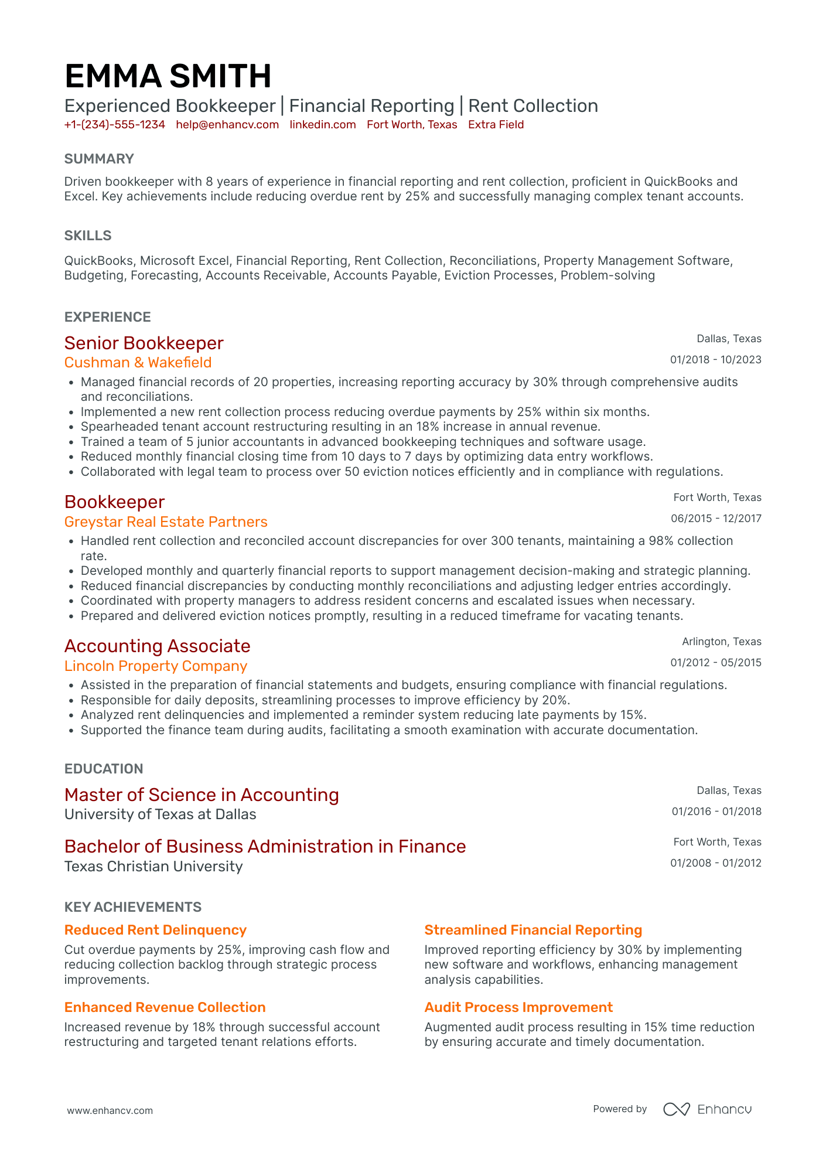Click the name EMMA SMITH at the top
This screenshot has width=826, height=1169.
(168, 77)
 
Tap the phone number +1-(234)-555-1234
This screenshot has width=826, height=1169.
(115, 125)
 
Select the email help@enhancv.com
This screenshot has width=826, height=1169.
(227, 125)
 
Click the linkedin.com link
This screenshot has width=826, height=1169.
(323, 125)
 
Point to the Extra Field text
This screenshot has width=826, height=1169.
(496, 125)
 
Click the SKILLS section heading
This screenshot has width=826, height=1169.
(88, 236)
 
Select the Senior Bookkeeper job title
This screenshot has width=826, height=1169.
(144, 343)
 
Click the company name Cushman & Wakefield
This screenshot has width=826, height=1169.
(138, 363)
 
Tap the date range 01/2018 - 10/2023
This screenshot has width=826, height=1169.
(716, 360)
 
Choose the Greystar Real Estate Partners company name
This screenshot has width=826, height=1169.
(166, 522)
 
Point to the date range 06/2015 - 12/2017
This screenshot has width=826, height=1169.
(716, 519)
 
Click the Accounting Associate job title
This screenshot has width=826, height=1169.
(158, 646)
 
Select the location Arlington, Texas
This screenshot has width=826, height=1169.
(722, 642)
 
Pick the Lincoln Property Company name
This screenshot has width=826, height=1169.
(156, 666)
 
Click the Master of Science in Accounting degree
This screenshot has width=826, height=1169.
(202, 795)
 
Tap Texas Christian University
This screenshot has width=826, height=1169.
(153, 867)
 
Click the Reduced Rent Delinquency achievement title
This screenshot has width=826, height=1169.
(155, 930)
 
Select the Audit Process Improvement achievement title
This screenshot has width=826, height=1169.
(518, 1007)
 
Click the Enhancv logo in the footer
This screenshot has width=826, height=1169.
(707, 1109)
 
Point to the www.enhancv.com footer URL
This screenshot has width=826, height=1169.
(110, 1110)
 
